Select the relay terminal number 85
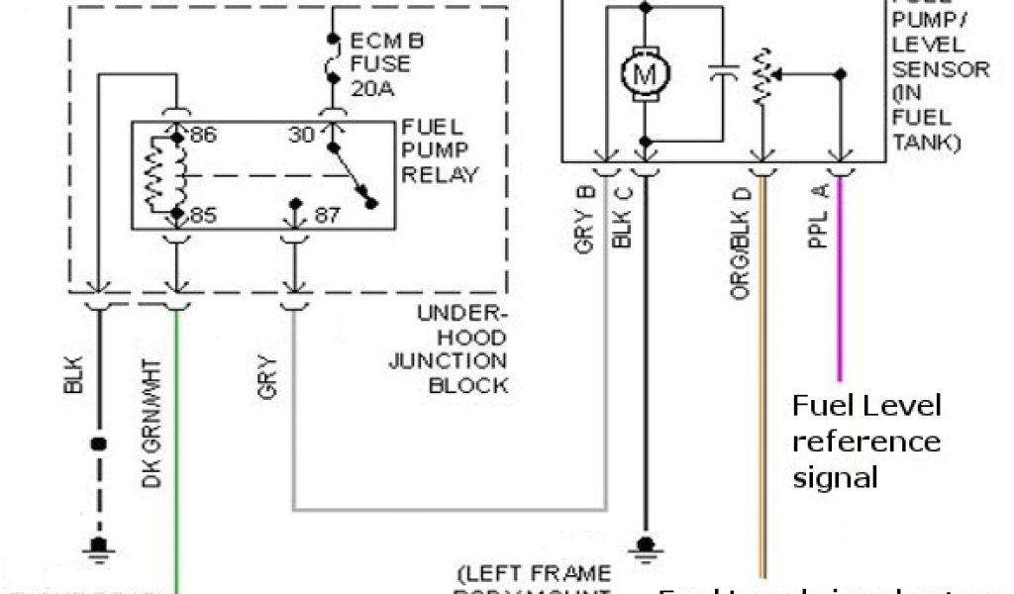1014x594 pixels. click(x=203, y=214)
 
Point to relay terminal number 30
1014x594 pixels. click(x=302, y=135)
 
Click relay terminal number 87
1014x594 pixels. click(x=328, y=215)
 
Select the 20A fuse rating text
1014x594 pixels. click(x=372, y=89)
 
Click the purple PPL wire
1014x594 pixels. click(x=840, y=287)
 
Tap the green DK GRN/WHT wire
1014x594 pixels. click(x=177, y=445)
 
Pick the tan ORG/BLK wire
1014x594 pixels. click(x=761, y=396)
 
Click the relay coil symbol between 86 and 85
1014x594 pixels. click(x=166, y=176)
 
